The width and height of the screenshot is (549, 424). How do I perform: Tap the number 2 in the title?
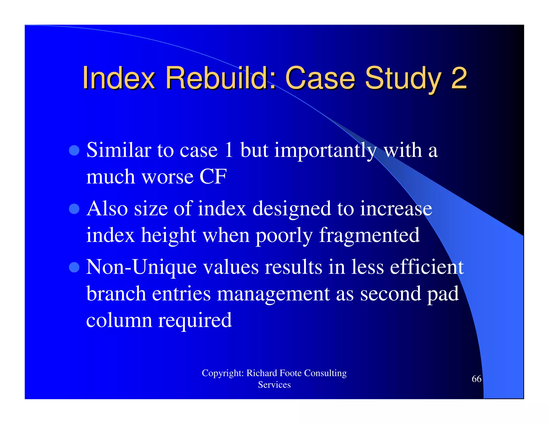pyautogui.click(x=459, y=78)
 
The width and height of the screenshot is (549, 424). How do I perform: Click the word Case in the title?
pyautogui.click(x=320, y=78)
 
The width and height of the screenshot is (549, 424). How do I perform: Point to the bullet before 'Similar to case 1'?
pyautogui.click(x=74, y=150)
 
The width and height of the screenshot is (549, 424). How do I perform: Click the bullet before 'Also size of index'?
pyautogui.click(x=74, y=209)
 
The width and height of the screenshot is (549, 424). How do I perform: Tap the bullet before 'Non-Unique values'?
pyautogui.click(x=74, y=267)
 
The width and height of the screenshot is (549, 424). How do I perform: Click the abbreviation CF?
pyautogui.click(x=213, y=177)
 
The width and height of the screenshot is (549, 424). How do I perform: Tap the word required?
pyautogui.click(x=195, y=321)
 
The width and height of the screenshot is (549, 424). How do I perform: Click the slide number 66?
pyautogui.click(x=476, y=379)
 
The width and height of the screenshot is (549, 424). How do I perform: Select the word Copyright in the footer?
pyautogui.click(x=222, y=373)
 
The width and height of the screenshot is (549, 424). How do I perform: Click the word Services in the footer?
pyautogui.click(x=274, y=385)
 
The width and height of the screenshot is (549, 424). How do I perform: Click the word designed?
pyautogui.click(x=292, y=209)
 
